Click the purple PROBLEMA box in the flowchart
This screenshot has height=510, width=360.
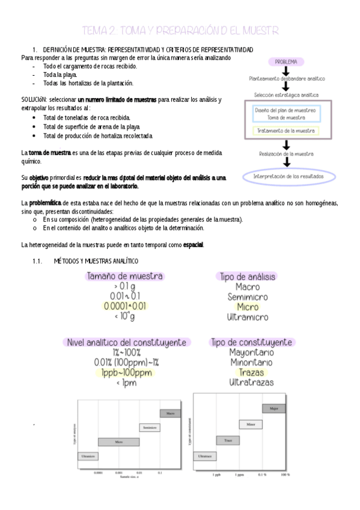(287, 61)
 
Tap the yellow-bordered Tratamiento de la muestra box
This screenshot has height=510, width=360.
(287, 131)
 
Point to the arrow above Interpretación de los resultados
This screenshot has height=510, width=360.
(287, 164)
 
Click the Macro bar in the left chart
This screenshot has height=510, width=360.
(170, 414)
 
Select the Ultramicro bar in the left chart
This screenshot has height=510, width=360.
(88, 456)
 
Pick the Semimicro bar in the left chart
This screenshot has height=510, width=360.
(150, 428)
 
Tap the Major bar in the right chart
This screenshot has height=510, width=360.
(274, 409)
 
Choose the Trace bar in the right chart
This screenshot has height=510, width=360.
(228, 441)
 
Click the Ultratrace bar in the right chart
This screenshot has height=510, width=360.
(205, 456)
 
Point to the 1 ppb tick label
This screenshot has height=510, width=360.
(218, 475)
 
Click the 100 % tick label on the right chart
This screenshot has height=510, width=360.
(284, 475)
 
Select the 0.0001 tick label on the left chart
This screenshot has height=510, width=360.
(98, 473)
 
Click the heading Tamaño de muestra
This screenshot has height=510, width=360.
(124, 277)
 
